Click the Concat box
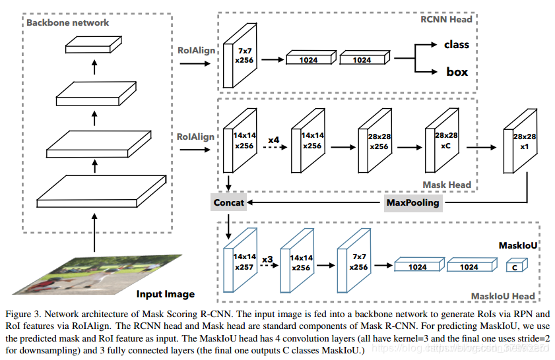click(228, 202)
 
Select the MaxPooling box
click(413, 203)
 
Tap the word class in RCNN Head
click(457, 45)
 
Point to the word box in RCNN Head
click(457, 72)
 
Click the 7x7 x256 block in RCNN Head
click(240, 55)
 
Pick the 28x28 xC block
click(442, 140)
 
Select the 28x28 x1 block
click(520, 141)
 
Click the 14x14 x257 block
click(240, 260)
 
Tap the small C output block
click(517, 265)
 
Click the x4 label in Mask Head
click(274, 140)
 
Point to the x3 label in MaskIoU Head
click(267, 260)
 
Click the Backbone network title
click(67, 22)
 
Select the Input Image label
click(166, 294)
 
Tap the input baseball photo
click(97, 274)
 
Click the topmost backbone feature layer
click(94, 45)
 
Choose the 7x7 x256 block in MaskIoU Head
click(354, 260)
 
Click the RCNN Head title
click(446, 19)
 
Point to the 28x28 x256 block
click(375, 140)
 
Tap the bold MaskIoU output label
click(518, 245)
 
